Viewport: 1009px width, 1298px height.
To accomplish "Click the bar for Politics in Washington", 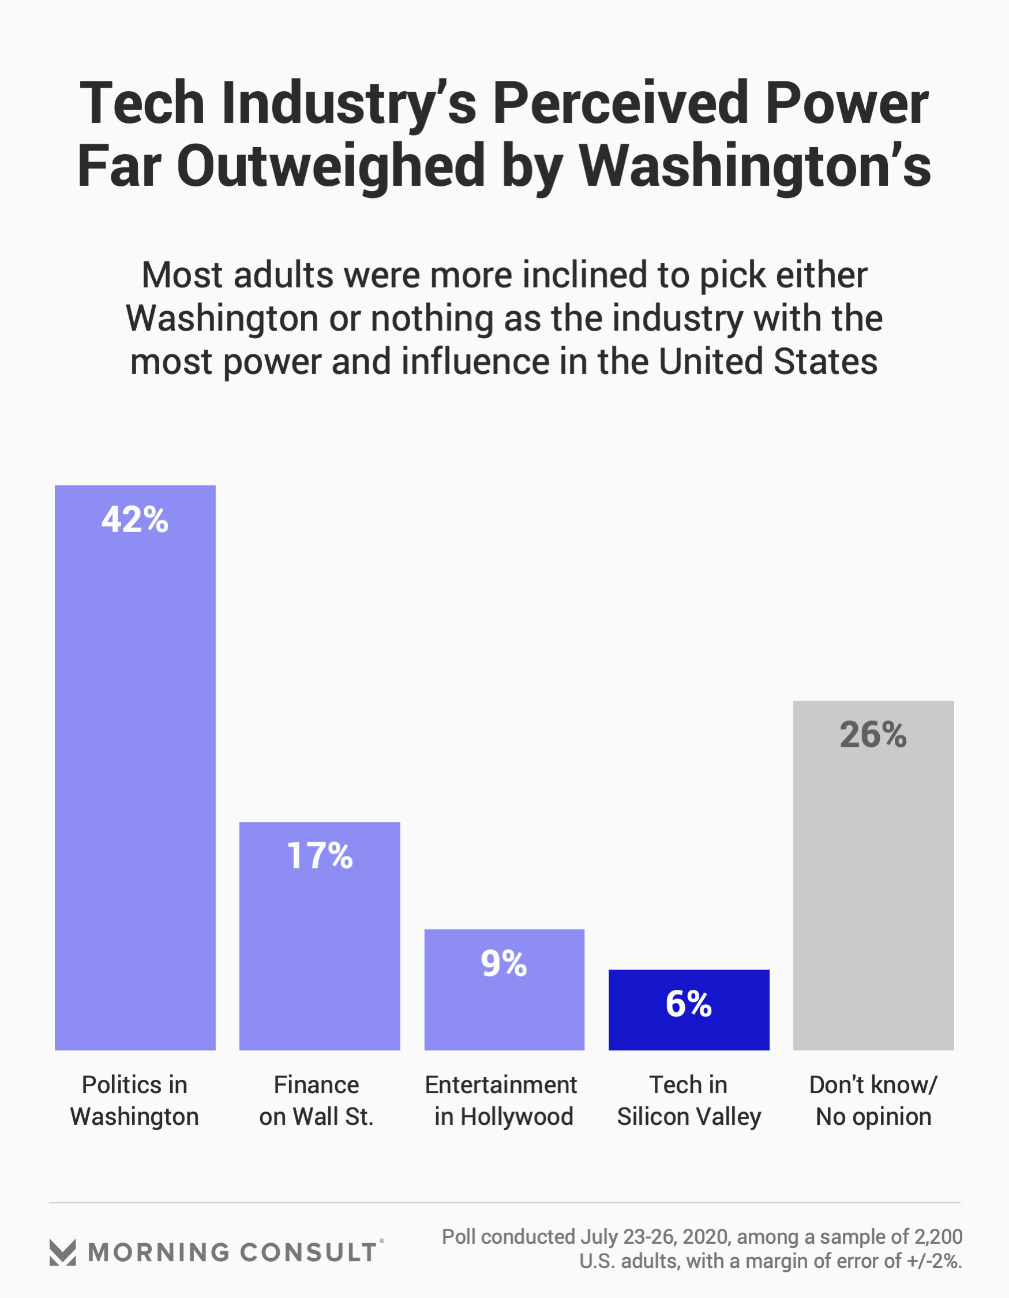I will point(135,773).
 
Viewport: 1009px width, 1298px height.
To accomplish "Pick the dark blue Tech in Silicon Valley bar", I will point(689,1028).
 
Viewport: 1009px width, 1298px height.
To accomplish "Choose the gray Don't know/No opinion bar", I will point(873,892).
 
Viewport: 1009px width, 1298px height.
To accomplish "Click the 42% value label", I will point(135,519).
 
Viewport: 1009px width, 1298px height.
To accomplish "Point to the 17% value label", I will point(320,856).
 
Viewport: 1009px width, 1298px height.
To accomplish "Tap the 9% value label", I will point(504,963).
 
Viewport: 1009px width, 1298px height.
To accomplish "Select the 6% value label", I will point(689,1004).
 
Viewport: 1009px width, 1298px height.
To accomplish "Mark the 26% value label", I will point(873,735).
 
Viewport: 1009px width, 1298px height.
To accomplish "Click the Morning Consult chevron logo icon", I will point(62,1252).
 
